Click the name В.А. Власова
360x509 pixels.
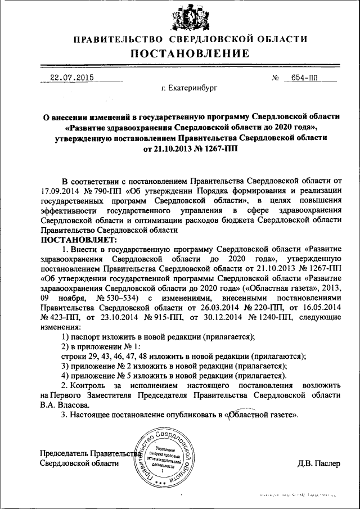(65, 404)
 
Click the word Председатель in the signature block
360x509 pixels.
(65, 454)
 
